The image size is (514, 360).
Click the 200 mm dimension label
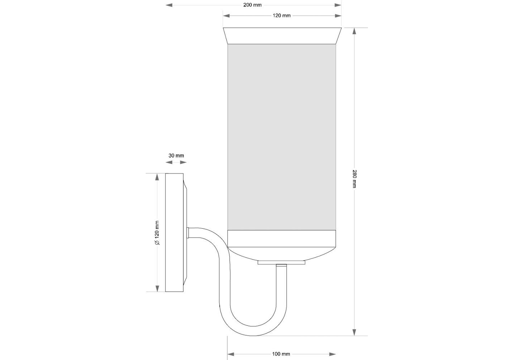[x=252, y=5]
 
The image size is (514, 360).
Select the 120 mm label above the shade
[x=282, y=15]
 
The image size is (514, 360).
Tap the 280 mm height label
[x=354, y=179]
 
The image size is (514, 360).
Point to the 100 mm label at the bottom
[x=281, y=354]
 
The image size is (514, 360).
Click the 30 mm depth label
[x=176, y=156]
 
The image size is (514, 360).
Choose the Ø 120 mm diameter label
[x=157, y=233]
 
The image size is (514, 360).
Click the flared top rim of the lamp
[x=282, y=36]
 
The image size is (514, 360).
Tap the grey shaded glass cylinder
[x=282, y=137]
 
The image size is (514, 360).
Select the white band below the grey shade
[x=282, y=239]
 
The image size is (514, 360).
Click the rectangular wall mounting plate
[x=174, y=233]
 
